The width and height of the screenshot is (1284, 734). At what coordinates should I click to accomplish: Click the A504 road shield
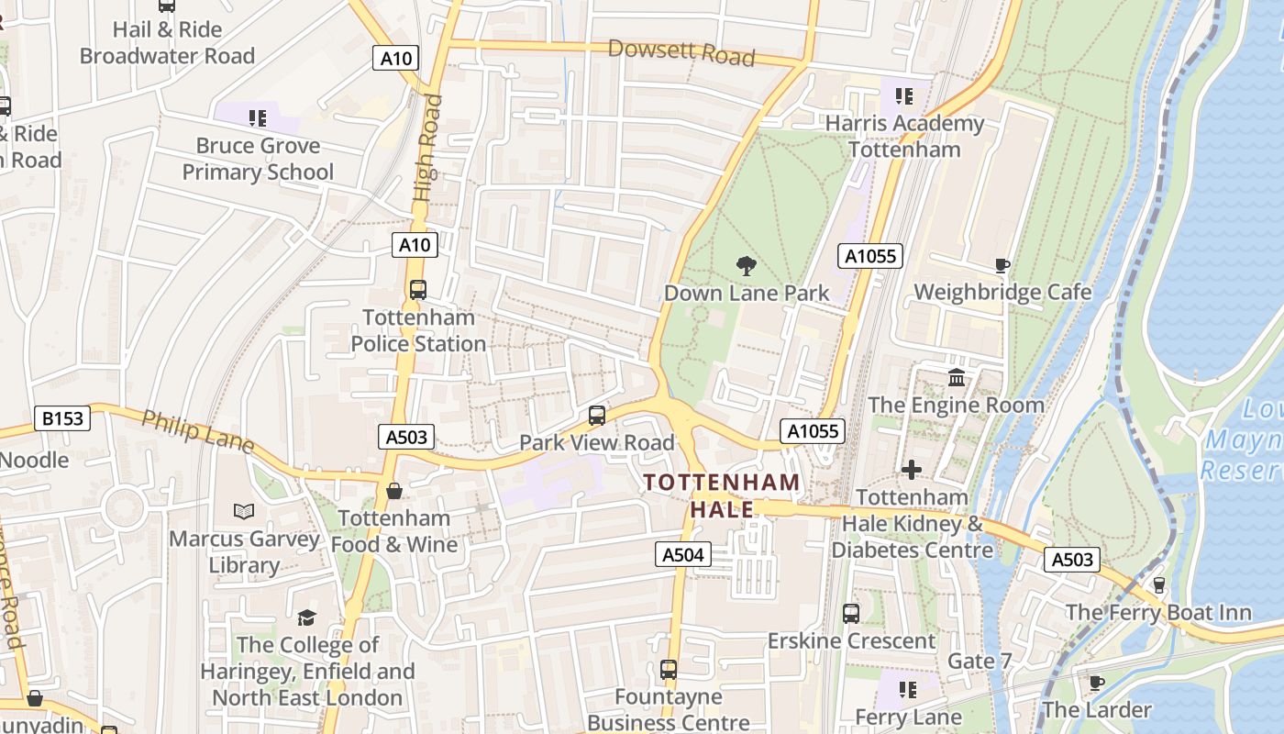[x=683, y=553]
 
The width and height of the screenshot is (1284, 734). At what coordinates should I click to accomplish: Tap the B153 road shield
[x=63, y=419]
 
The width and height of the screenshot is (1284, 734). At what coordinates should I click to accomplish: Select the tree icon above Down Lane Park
[x=747, y=266]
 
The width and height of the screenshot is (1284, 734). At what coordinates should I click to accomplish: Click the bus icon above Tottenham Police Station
[x=418, y=290]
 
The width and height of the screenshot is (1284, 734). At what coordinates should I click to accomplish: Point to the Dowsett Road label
[x=681, y=52]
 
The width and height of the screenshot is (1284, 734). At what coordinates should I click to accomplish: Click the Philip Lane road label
[x=197, y=431]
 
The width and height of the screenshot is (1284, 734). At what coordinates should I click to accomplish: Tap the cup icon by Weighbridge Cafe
[x=1002, y=266]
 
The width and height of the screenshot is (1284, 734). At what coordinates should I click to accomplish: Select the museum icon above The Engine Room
[x=957, y=378]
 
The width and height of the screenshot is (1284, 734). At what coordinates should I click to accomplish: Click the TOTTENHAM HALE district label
[x=722, y=495]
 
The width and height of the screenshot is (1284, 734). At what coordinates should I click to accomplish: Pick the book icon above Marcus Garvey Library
[x=243, y=511]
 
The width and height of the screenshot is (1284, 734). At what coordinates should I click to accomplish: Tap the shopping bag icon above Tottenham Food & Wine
[x=394, y=491]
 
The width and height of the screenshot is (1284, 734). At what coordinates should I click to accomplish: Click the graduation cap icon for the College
[x=306, y=617]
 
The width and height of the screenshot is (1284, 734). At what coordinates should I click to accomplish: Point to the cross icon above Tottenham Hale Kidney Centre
[x=911, y=470]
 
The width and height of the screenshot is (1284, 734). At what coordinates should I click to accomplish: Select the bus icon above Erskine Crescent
[x=851, y=613]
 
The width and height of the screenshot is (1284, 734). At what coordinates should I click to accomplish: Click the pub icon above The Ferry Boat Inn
[x=1158, y=584]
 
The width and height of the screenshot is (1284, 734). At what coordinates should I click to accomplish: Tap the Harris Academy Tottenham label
[x=904, y=136]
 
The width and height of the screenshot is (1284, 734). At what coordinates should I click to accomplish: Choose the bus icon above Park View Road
[x=597, y=416]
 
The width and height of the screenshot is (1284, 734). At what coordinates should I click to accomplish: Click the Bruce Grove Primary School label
[x=258, y=158]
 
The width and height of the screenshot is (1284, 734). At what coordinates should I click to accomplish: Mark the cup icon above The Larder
[x=1096, y=683]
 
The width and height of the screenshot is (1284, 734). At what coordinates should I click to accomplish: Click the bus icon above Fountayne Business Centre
[x=669, y=670]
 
